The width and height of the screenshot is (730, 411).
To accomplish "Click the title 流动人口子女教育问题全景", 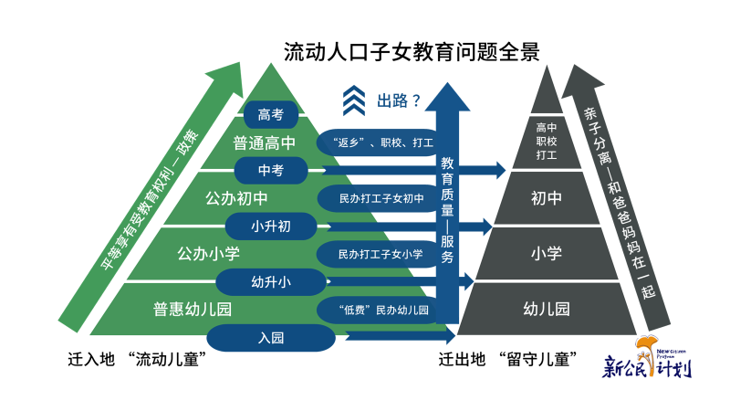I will click(x=412, y=51).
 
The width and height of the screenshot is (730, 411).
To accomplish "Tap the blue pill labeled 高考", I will click(x=271, y=115).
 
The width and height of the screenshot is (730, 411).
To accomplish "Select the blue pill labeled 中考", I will click(x=271, y=170).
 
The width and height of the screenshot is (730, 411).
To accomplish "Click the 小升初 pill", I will click(x=271, y=226).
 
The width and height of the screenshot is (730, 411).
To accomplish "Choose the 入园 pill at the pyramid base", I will click(x=271, y=338).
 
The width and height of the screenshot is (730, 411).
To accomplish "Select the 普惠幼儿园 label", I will click(x=193, y=310).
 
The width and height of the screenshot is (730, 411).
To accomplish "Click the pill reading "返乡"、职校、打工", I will click(x=374, y=142).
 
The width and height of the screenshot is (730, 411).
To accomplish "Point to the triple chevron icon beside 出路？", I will click(x=354, y=100).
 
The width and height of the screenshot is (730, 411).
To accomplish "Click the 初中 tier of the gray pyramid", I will click(x=546, y=197).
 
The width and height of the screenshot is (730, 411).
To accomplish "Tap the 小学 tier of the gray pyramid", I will click(x=546, y=253).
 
